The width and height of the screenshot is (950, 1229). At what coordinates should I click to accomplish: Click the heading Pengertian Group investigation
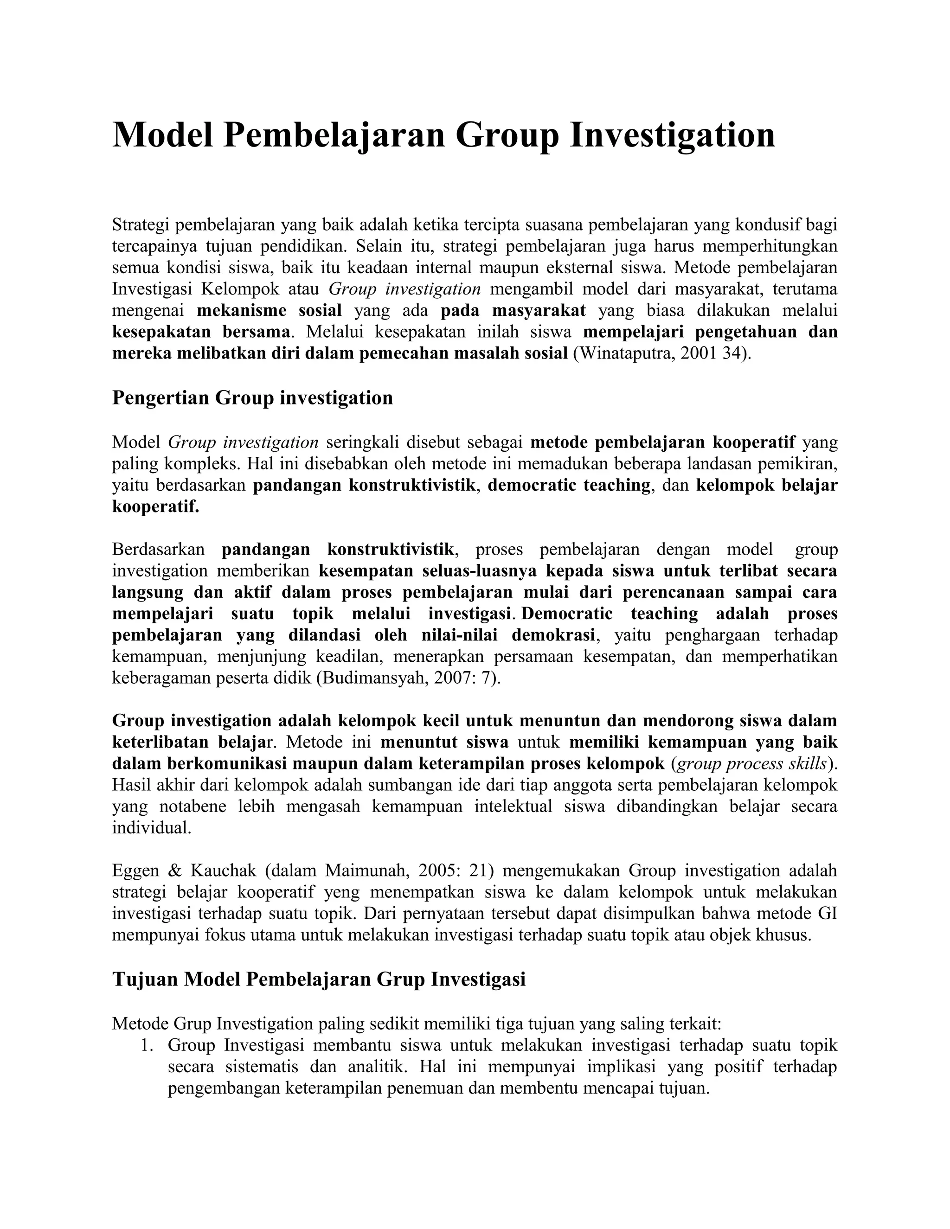[x=252, y=398]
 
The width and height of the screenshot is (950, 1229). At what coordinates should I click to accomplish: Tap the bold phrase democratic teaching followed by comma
[x=569, y=485]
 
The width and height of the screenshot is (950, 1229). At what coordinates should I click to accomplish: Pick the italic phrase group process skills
[x=751, y=764]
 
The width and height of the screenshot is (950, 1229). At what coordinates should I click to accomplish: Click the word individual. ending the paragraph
[x=152, y=828]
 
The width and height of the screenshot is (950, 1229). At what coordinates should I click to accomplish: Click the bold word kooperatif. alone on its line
[x=156, y=506]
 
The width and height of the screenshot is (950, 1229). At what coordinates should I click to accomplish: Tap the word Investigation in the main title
[x=672, y=135]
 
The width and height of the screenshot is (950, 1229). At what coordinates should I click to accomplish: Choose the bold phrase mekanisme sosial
[x=269, y=311]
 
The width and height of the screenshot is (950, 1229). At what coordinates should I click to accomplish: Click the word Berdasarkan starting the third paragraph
[x=159, y=549]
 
